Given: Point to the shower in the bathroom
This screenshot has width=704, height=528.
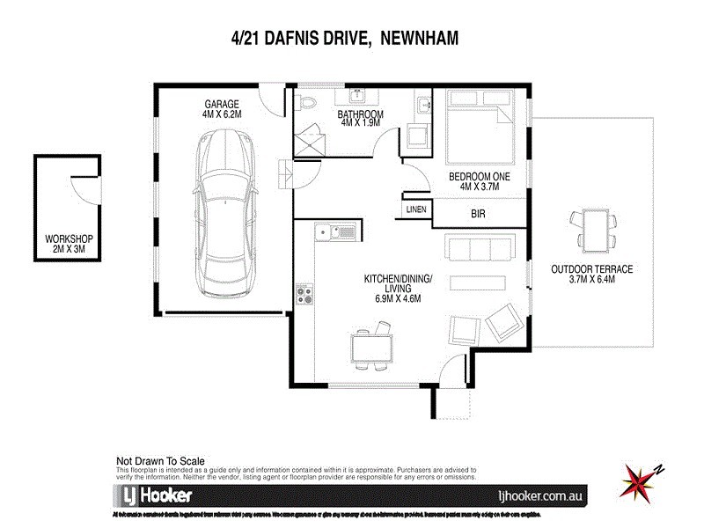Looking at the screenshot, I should pos(311,141).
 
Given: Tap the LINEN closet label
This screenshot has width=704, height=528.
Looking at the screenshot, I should pos(417,210).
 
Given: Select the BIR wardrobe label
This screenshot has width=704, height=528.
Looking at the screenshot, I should pos(479,214).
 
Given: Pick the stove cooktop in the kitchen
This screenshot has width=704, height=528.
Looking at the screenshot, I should pos(305,294).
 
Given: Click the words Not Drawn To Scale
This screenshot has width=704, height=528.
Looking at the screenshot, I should pos(160,460).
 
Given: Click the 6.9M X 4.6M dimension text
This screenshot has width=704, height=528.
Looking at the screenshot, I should pos(398,298).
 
